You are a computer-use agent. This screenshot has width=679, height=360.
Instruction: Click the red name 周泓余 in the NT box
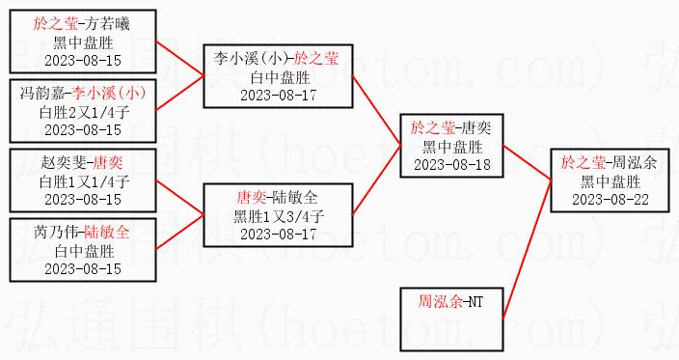click(x=440, y=301)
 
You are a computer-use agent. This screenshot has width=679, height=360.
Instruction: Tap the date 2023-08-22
click(x=611, y=200)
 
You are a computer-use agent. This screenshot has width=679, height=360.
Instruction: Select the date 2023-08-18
click(x=452, y=165)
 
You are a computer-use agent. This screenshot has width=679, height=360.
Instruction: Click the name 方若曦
click(x=107, y=23)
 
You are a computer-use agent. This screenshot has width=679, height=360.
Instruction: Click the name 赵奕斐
click(x=64, y=162)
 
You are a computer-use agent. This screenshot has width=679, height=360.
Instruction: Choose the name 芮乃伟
click(x=56, y=232)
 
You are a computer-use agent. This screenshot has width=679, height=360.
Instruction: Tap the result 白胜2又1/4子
click(x=84, y=112)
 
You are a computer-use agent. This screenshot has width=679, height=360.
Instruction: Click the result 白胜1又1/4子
click(x=84, y=181)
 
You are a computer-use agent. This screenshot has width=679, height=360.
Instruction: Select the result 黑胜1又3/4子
click(x=279, y=216)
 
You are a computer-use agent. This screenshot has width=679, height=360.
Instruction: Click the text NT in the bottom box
click(x=475, y=301)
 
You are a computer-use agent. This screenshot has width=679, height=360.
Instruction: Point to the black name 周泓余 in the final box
click(x=634, y=162)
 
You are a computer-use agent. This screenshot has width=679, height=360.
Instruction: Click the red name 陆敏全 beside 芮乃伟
click(x=106, y=232)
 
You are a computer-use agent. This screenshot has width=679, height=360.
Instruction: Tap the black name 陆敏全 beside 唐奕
click(x=295, y=197)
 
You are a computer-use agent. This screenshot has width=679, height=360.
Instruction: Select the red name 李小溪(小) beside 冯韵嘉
click(x=109, y=93)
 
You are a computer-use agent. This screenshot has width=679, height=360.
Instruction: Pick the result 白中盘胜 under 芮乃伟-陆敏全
click(x=84, y=251)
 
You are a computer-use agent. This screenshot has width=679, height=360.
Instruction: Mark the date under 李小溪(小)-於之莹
click(x=279, y=96)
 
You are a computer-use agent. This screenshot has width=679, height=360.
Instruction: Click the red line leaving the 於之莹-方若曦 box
click(x=179, y=59)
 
